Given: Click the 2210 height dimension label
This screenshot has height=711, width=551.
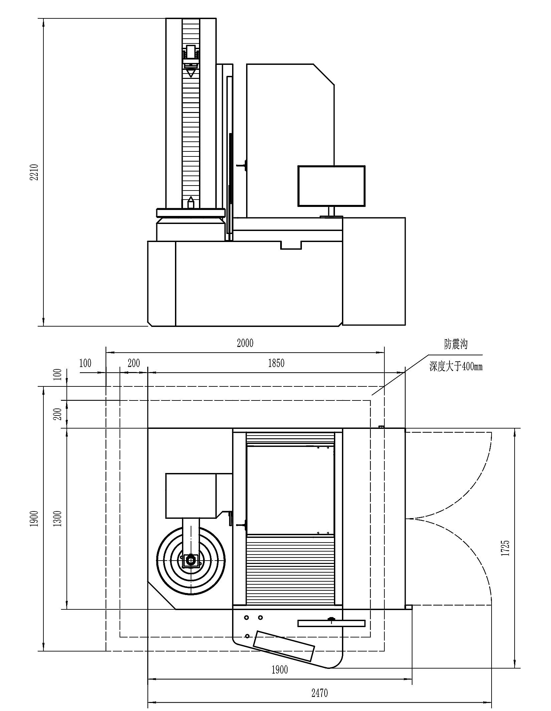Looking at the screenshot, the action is tap(35, 172).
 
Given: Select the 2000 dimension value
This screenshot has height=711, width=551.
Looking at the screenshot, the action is tap(245, 343).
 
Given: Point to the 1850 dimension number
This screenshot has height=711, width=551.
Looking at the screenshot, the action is tap(276, 363).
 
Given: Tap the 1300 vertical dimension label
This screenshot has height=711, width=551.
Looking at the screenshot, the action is tap(57, 518).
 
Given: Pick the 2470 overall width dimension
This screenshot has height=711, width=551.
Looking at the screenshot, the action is tap(320, 693).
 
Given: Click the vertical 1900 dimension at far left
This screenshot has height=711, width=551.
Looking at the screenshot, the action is tap(34, 518).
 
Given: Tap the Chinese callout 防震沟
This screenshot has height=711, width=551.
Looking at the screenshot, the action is tap(455, 344).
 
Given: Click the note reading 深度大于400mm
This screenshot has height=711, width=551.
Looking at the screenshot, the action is tap(456, 367).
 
